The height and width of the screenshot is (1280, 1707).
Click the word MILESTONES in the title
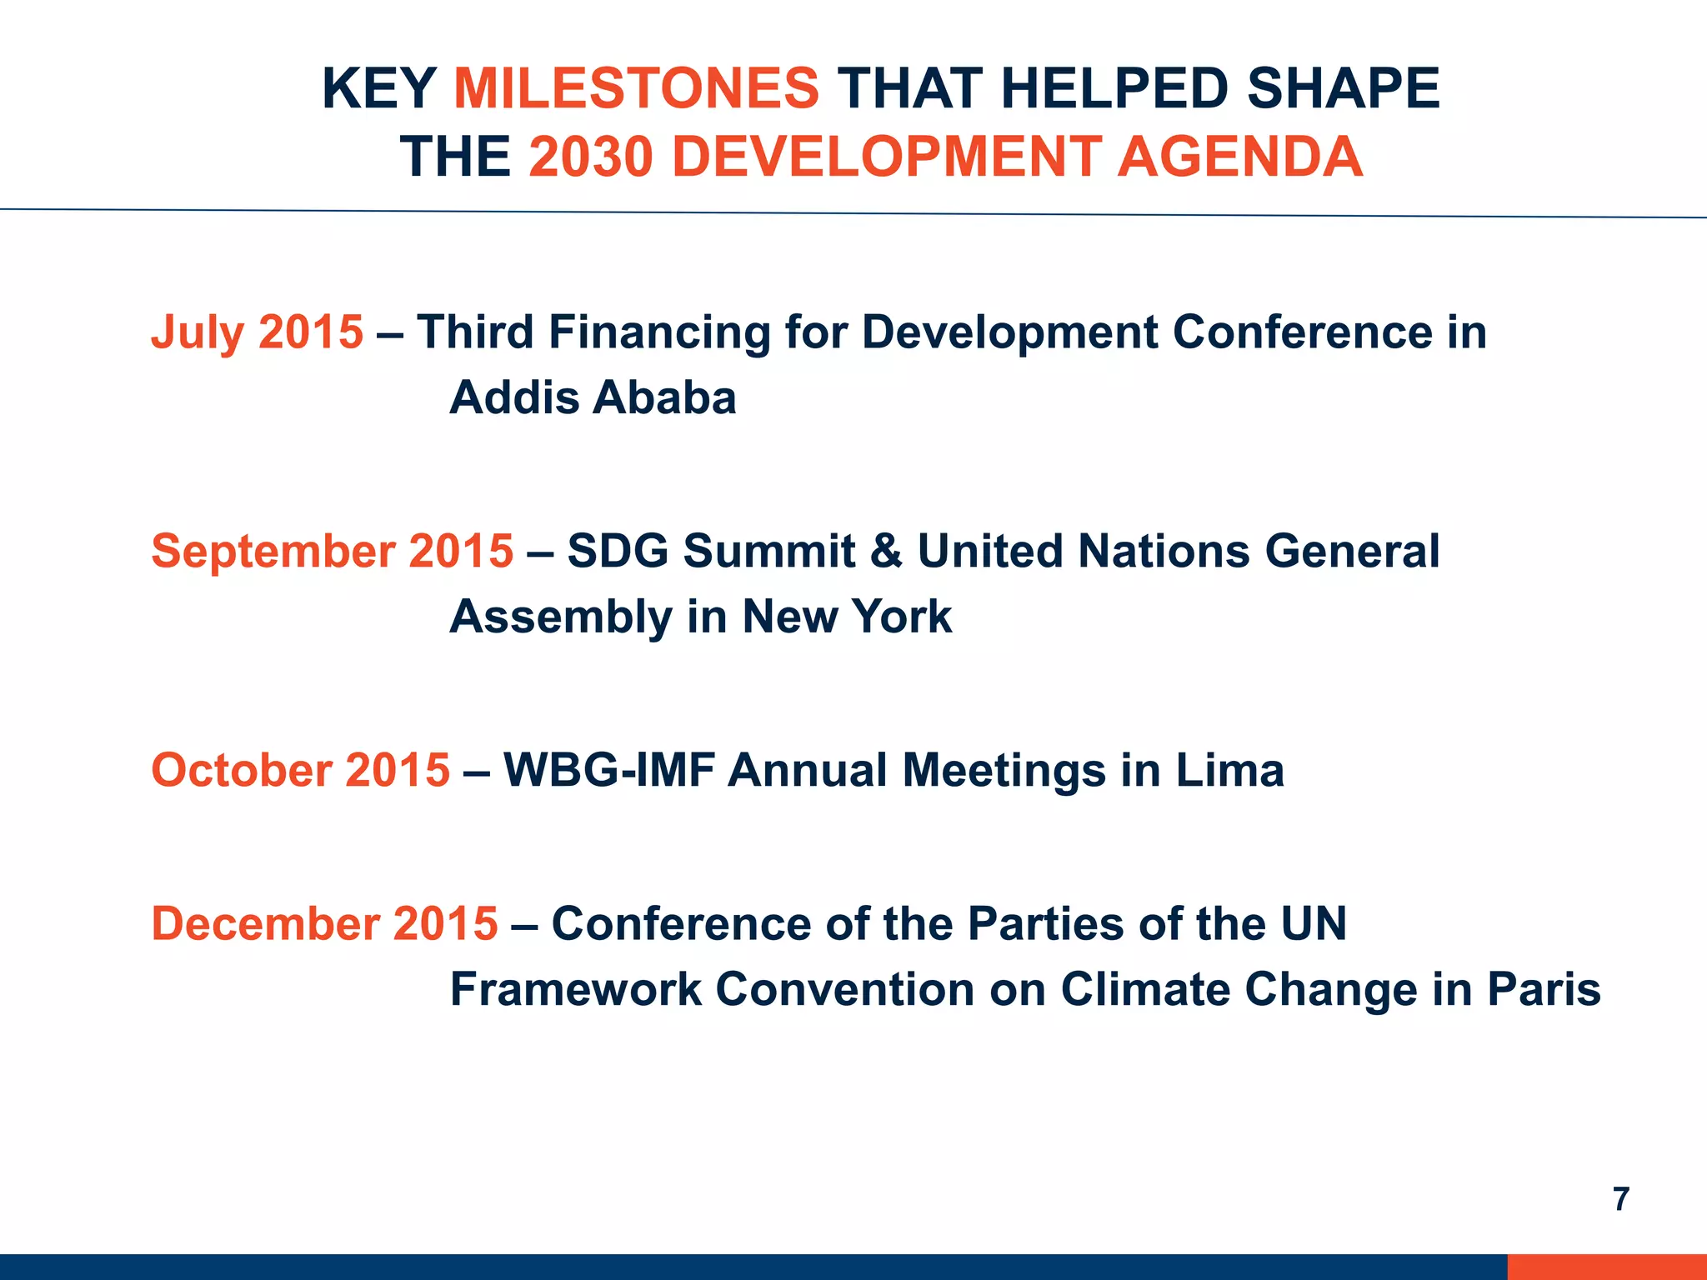[637, 88]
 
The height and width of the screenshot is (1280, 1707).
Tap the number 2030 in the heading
[590, 157]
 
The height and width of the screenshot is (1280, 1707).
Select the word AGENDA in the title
[1239, 157]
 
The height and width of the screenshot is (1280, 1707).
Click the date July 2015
[257, 332]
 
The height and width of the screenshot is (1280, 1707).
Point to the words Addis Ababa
[593, 397]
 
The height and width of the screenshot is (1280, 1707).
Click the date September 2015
[332, 551]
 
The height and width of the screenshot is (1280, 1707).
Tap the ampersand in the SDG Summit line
[886, 552]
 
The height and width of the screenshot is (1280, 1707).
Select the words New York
[846, 617]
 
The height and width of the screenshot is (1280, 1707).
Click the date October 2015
[300, 769]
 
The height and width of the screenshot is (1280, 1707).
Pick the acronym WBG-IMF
[608, 769]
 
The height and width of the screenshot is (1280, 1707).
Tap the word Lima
[1229, 769]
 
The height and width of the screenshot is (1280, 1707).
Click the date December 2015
[324, 923]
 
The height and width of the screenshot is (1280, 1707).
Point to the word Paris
[1544, 989]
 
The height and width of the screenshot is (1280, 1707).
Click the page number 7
[1620, 1199]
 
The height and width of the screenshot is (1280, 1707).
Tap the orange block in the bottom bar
[1606, 1267]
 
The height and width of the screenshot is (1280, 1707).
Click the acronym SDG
[618, 552]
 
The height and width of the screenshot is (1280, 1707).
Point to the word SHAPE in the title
[1344, 88]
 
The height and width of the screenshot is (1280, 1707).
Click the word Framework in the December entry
[575, 989]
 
